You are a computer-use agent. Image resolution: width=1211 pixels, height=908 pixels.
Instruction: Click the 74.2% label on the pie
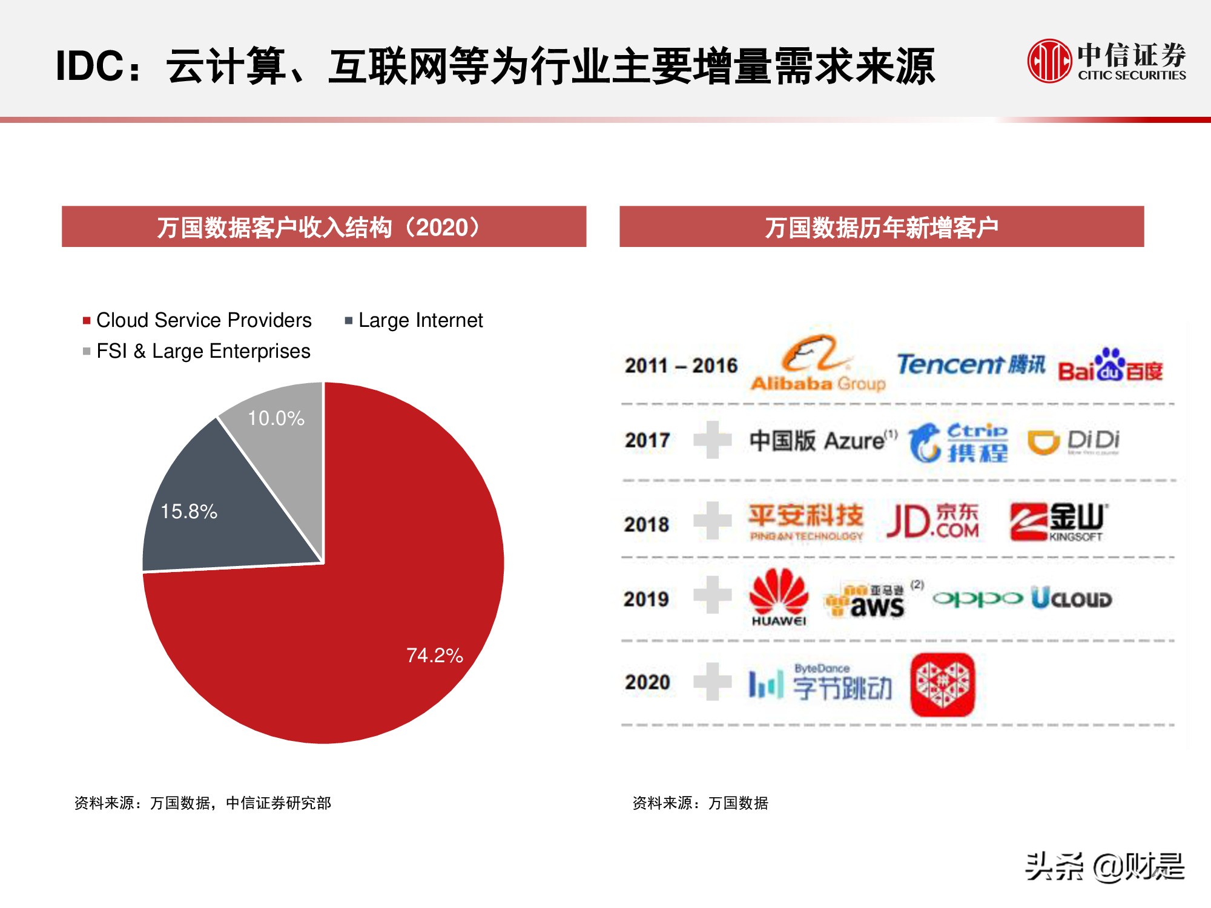tap(435, 655)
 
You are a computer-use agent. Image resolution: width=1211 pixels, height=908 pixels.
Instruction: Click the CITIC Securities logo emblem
tap(1049, 61)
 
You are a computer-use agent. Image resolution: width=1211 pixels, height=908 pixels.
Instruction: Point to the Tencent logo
tap(971, 364)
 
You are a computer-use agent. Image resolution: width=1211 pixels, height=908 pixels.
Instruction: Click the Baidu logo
tap(1110, 366)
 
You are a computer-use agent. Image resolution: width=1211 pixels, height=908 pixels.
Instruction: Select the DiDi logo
tap(1074, 441)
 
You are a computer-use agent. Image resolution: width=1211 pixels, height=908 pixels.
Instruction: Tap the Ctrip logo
tap(959, 442)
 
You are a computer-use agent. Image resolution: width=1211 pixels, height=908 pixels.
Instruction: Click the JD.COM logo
tap(932, 521)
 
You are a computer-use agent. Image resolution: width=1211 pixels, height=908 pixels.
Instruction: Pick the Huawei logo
tap(779, 597)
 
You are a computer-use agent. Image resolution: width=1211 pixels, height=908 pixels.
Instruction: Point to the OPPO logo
tap(977, 599)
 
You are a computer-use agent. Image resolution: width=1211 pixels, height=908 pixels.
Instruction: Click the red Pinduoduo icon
tap(943, 684)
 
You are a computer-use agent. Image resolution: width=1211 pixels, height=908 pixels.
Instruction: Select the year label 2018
tap(647, 524)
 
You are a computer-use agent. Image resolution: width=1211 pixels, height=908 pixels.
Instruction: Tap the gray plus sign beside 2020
tap(713, 682)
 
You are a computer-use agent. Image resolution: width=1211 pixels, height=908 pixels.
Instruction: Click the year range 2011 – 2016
tap(681, 366)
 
